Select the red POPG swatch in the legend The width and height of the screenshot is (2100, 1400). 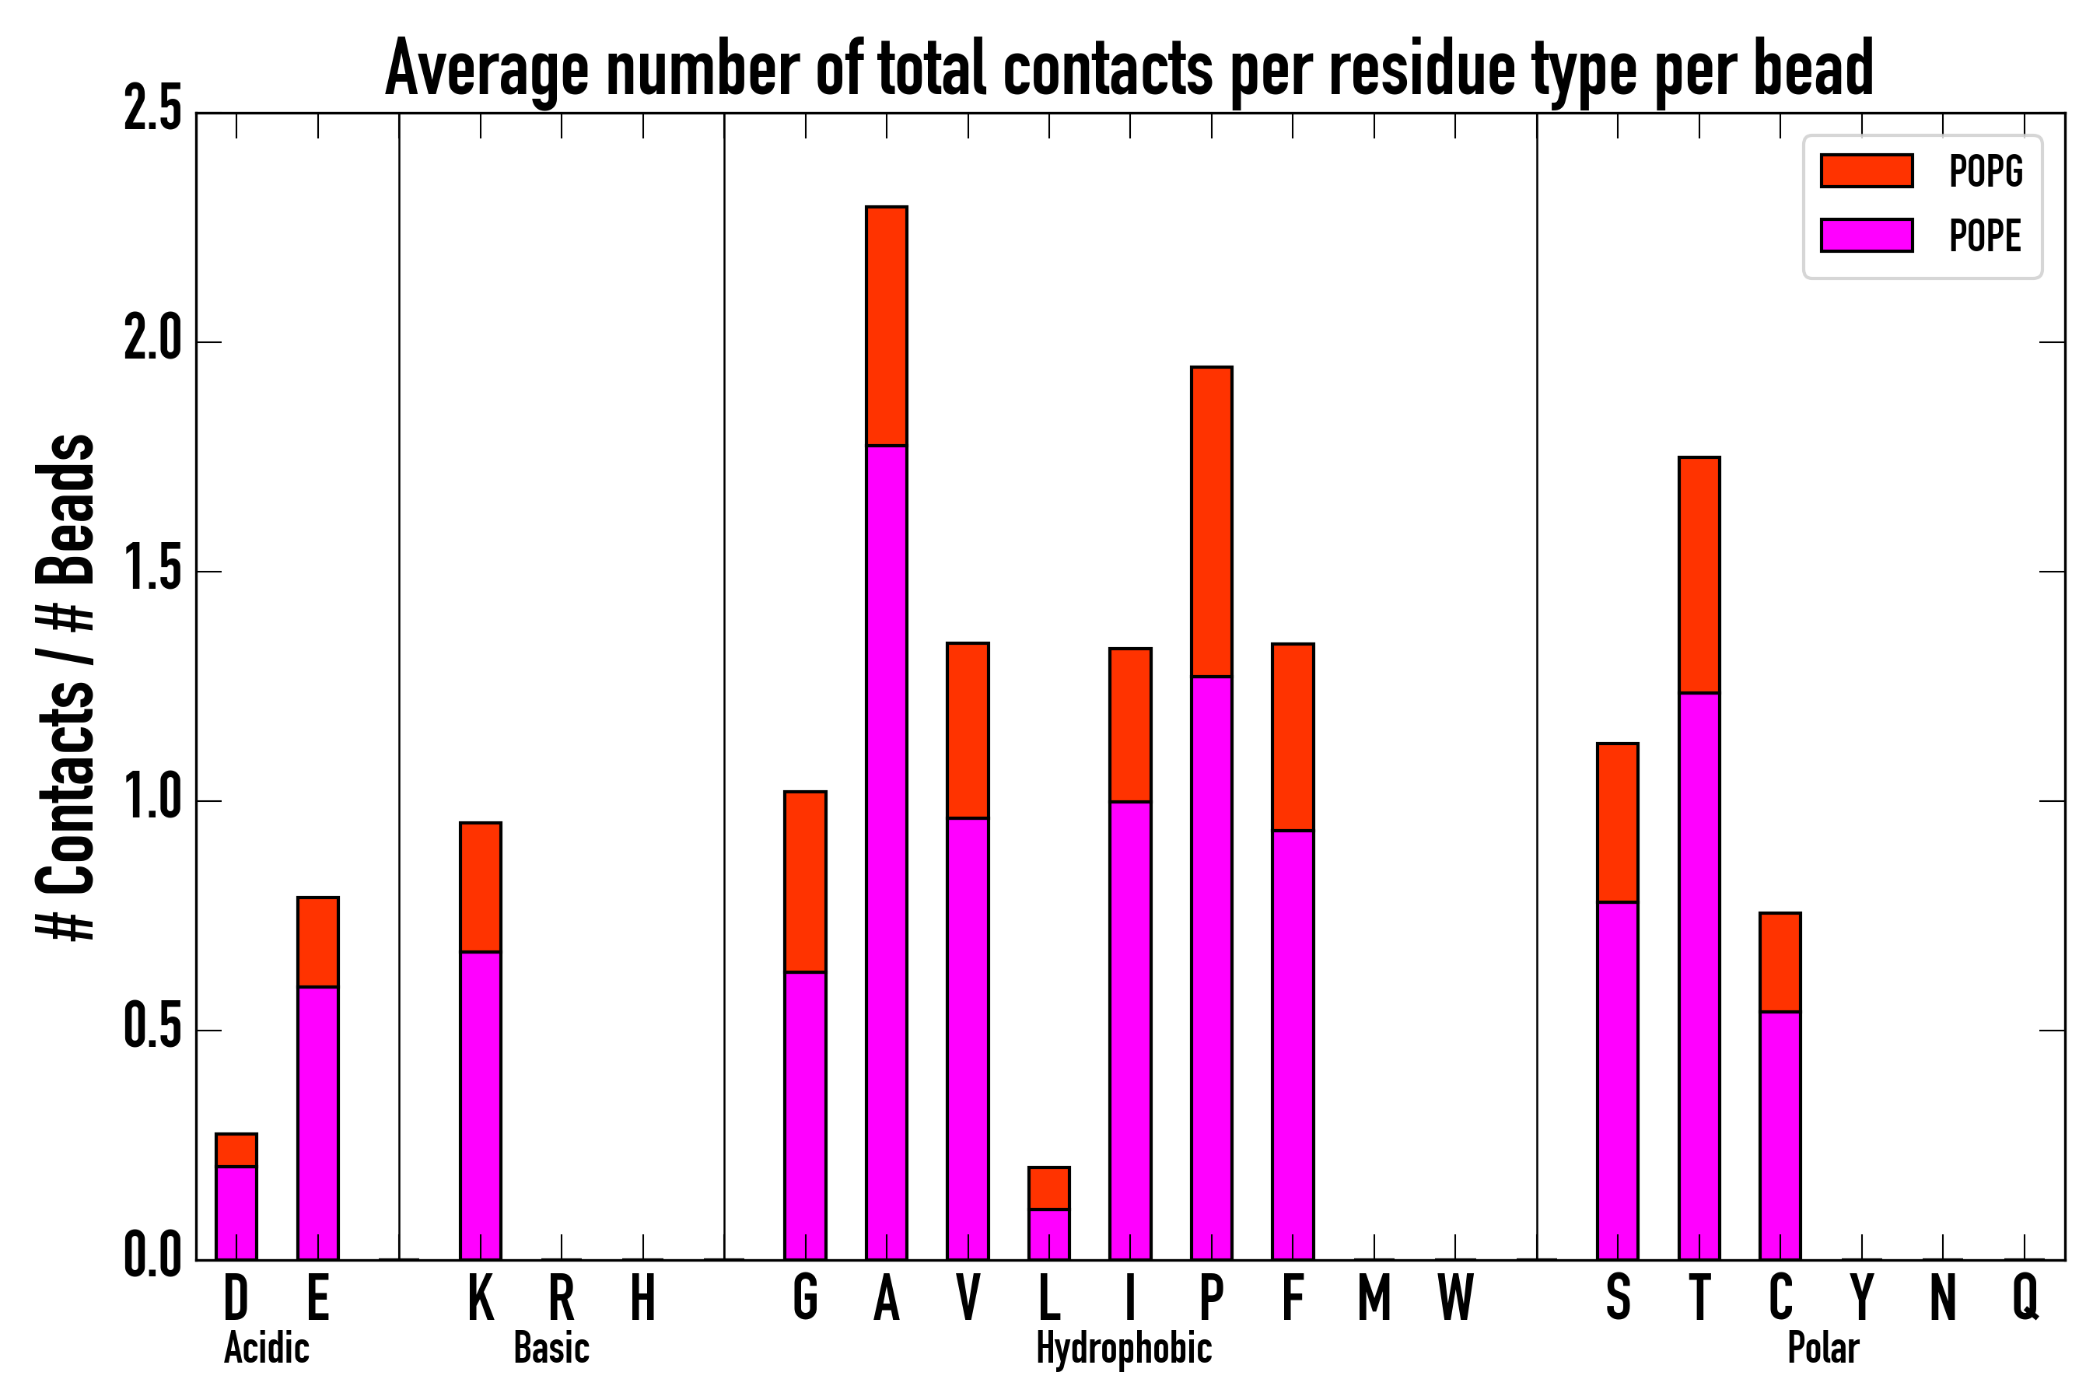coord(1866,170)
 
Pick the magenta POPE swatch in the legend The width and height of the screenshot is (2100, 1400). coord(1866,236)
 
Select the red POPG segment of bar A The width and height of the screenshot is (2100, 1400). coord(887,326)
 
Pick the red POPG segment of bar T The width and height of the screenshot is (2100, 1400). coord(1699,575)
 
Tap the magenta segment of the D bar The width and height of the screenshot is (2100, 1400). coord(236,1213)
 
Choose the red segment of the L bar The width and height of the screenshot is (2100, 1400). coord(1049,1188)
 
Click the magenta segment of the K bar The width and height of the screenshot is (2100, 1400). coord(481,1105)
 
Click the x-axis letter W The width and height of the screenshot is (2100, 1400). coord(1455,1297)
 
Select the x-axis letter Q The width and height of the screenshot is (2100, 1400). coord(2025,1297)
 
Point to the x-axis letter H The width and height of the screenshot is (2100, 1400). coord(643,1297)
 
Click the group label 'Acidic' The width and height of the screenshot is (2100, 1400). coord(266,1348)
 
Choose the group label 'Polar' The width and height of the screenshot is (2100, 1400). coord(1823,1348)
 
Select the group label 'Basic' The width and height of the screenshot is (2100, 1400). coord(551,1348)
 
